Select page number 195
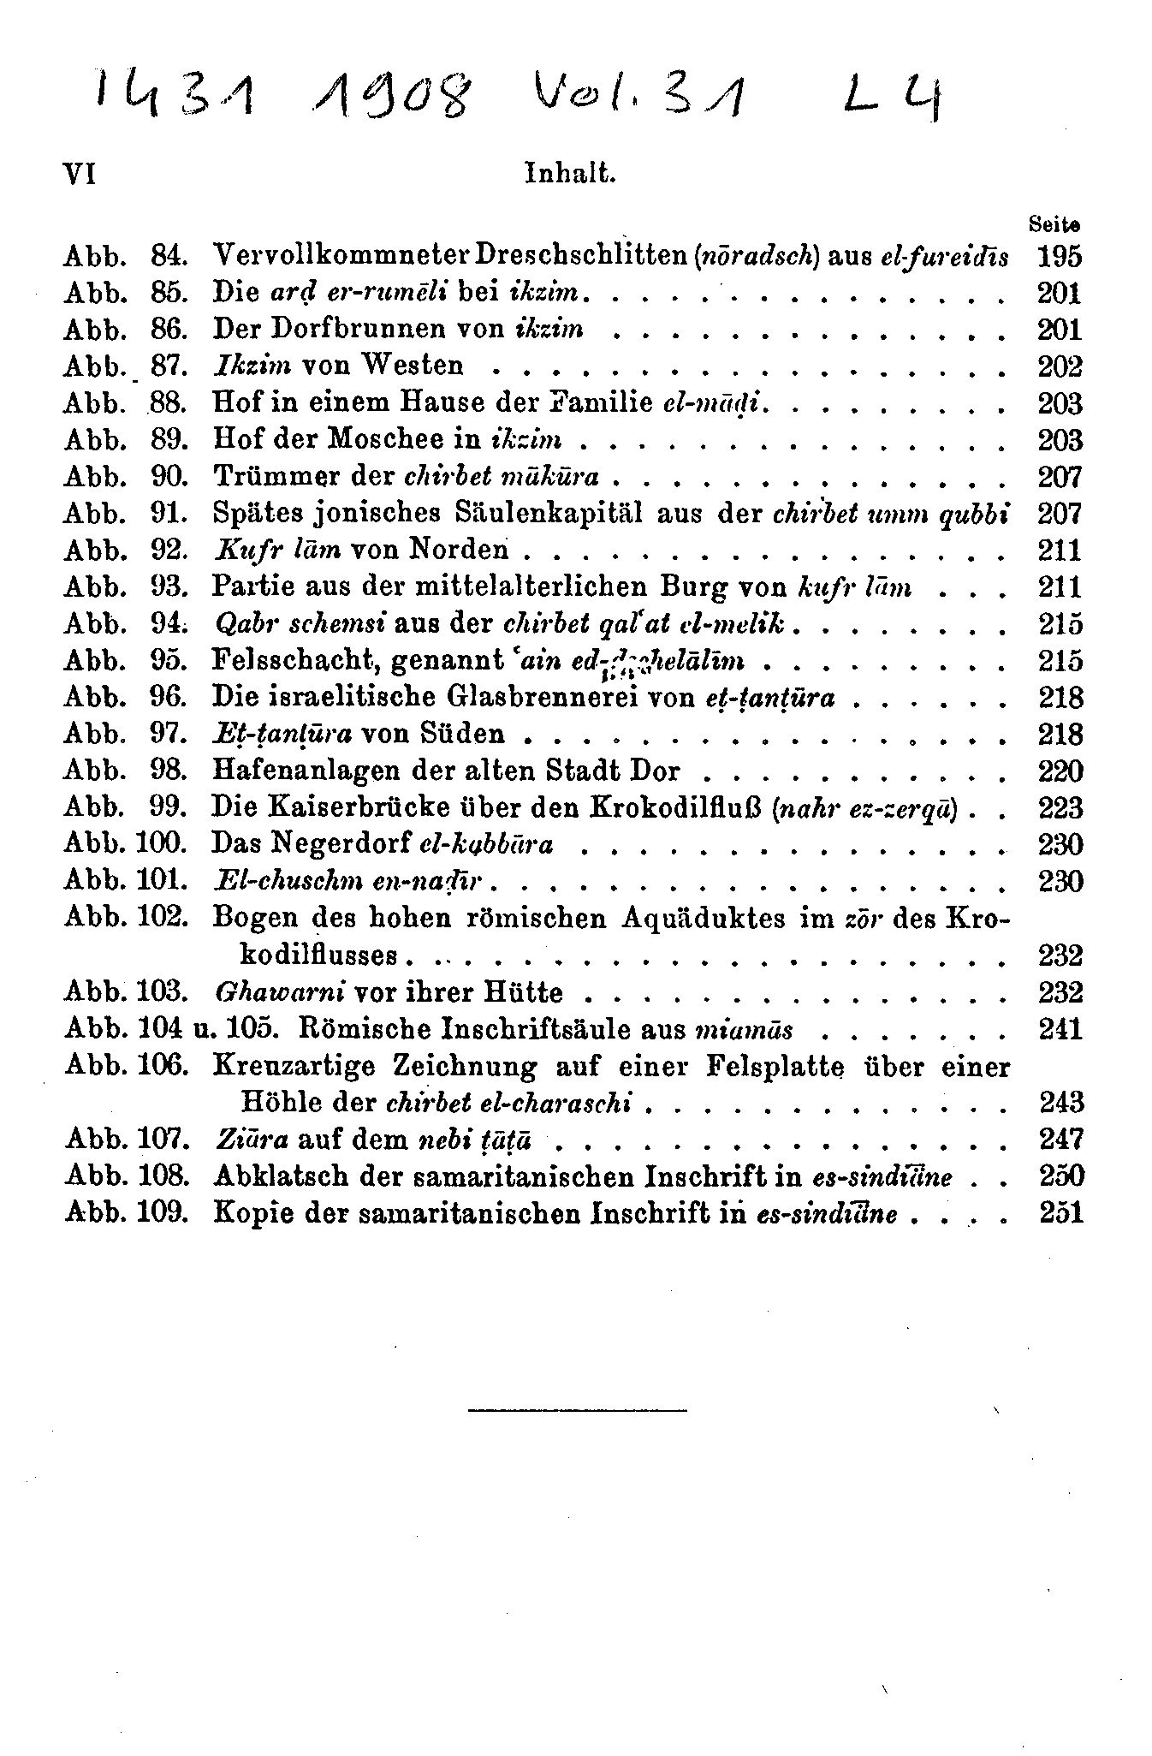point(1060,256)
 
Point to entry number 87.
point(168,366)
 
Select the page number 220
point(1060,771)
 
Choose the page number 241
point(1060,1028)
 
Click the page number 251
point(1060,1213)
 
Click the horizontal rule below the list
point(577,1408)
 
